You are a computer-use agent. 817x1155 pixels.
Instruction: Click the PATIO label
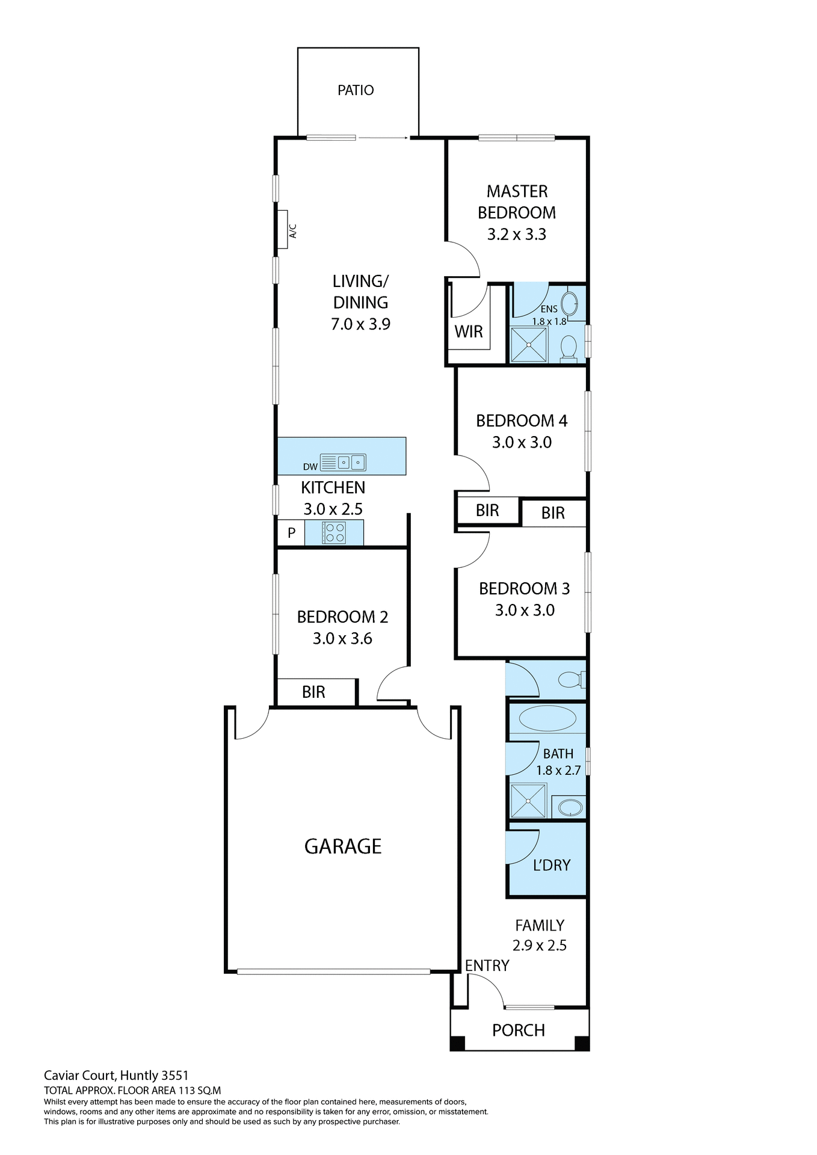(x=356, y=90)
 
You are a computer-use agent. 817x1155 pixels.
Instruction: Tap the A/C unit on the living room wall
(x=283, y=229)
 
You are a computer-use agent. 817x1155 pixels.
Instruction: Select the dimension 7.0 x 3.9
(x=360, y=324)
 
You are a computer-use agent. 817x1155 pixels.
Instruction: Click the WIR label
(x=469, y=331)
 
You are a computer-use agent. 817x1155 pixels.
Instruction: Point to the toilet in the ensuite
(x=569, y=348)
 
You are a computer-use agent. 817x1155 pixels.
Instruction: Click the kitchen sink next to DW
(x=343, y=463)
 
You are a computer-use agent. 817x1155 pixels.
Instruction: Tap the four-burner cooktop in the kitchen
(x=334, y=533)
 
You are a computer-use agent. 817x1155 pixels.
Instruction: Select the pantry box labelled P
(x=291, y=533)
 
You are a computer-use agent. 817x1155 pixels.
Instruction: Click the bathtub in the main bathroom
(x=547, y=718)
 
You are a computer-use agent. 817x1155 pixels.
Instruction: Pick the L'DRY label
(x=551, y=865)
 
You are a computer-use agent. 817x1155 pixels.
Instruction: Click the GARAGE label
(x=343, y=846)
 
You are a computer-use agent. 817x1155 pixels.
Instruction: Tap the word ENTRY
(x=487, y=966)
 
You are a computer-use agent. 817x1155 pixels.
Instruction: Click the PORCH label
(x=519, y=1030)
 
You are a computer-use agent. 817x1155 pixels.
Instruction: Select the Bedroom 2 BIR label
(x=313, y=692)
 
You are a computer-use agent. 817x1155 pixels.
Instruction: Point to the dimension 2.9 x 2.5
(x=540, y=946)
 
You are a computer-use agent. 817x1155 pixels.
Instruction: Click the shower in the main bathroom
(x=528, y=801)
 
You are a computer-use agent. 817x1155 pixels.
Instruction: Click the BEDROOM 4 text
(x=522, y=421)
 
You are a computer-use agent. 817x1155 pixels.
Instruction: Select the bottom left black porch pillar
(x=458, y=1044)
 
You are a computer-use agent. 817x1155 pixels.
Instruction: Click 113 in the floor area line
(x=184, y=1090)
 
